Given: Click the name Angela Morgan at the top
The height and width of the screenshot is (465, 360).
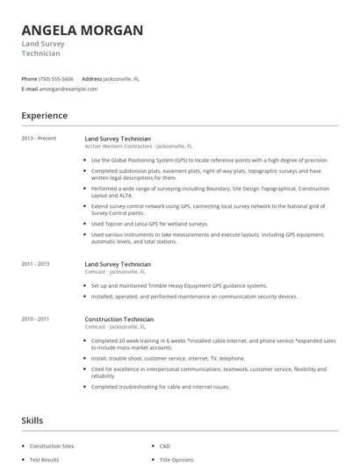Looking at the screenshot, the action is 82,30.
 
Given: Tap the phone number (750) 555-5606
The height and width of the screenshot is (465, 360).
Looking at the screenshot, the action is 56,78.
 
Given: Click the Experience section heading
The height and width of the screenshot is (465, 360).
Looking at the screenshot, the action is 44,116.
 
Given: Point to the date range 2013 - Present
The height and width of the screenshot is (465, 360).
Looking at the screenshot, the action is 38,139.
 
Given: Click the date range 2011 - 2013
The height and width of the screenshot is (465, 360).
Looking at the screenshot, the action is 36,263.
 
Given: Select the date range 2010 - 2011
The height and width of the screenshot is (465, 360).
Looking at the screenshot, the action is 36,319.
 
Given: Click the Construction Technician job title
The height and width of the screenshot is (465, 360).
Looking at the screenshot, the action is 119,319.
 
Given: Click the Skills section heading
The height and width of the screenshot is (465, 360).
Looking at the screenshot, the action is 32,421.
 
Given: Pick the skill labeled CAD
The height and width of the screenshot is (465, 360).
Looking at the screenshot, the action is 165,446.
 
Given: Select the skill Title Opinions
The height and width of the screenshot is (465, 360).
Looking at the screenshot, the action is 176,459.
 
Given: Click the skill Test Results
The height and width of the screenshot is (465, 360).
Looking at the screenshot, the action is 45,459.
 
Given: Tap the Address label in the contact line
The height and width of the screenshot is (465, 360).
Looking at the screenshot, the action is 91,78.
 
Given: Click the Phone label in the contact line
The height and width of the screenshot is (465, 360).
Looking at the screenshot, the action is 29,78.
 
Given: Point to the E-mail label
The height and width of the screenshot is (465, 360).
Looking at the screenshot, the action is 30,89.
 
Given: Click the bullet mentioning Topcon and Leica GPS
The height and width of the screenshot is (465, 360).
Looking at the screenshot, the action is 150,223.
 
